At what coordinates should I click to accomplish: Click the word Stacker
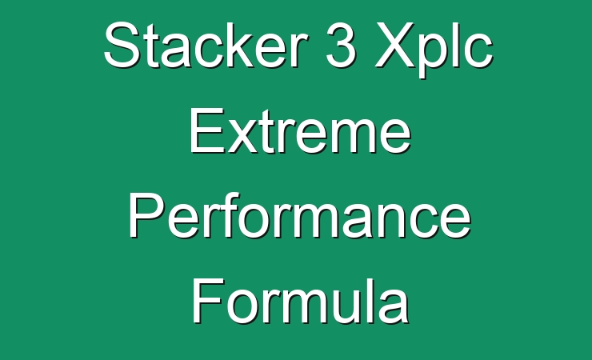[205, 45]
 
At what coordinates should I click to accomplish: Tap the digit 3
[341, 45]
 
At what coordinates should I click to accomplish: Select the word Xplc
[434, 50]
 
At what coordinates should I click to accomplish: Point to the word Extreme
[300, 130]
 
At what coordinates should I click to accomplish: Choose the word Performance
[300, 215]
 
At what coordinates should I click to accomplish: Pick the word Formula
[301, 301]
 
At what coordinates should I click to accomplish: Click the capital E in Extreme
[207, 130]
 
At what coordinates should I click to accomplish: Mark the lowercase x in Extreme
[242, 136]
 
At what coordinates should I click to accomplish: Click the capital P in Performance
[147, 215]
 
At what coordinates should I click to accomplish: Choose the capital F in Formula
[209, 301]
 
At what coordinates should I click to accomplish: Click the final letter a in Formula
[394, 306]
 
